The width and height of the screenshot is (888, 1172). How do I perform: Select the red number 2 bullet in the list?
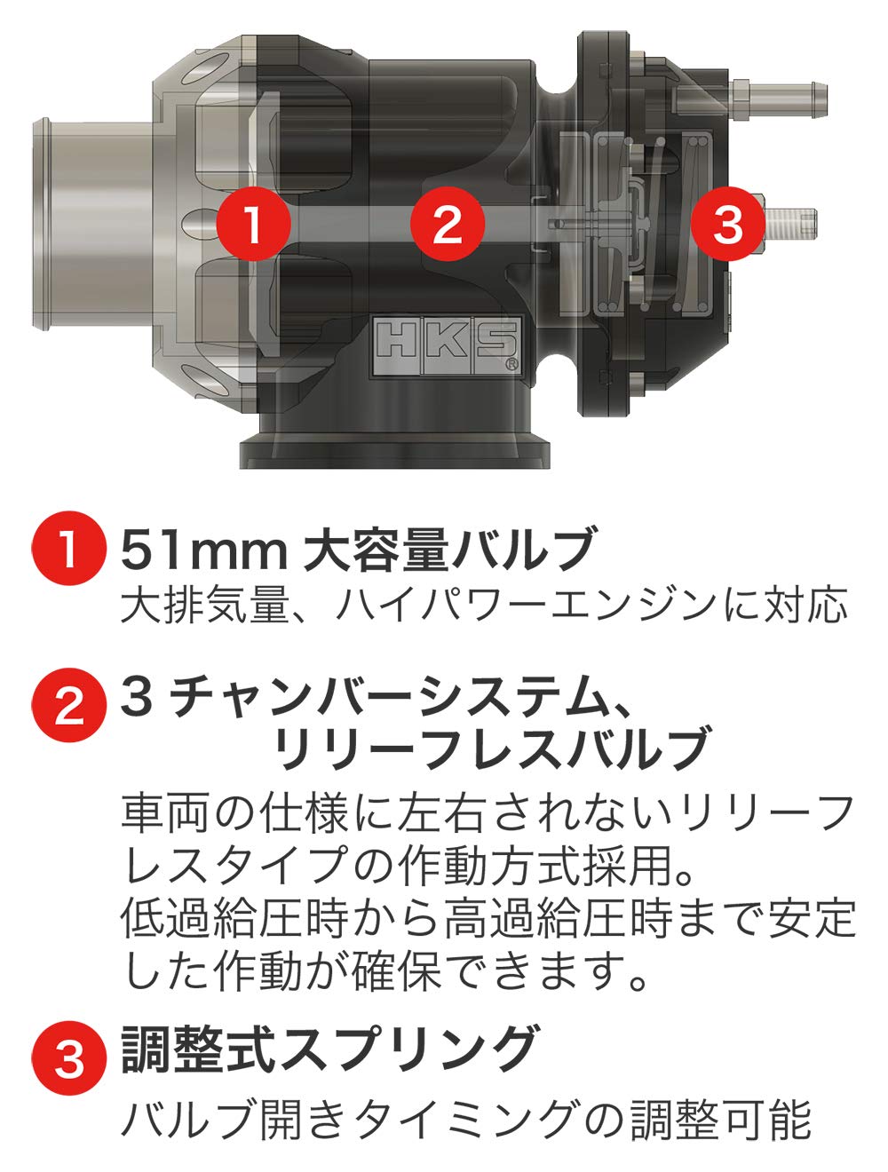[67, 705]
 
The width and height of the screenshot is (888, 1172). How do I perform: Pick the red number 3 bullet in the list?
[67, 1058]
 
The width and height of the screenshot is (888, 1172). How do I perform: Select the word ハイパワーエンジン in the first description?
[524, 606]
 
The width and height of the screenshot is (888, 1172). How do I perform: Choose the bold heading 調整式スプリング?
[329, 1048]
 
